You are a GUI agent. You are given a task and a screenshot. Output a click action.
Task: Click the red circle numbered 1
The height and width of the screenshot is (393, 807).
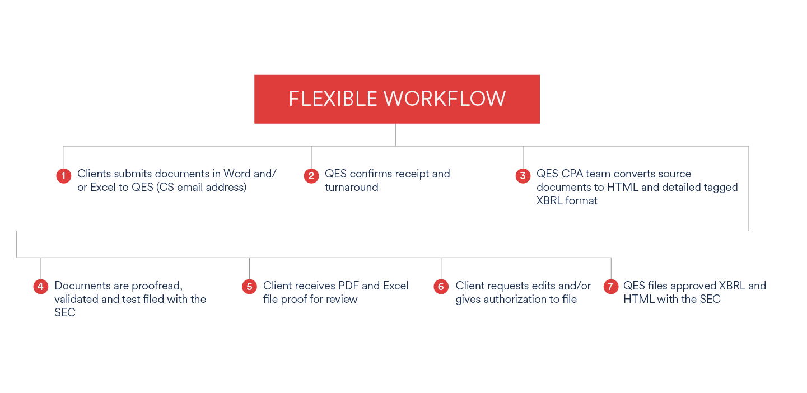[63, 176]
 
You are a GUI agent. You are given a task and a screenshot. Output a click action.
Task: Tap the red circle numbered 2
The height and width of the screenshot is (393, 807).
[311, 176]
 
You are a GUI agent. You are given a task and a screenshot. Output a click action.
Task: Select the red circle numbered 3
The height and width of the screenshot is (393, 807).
[523, 176]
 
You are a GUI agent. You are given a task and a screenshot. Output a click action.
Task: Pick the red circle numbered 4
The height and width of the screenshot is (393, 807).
[41, 287]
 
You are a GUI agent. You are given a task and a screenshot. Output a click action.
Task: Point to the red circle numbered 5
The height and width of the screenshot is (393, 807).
[249, 287]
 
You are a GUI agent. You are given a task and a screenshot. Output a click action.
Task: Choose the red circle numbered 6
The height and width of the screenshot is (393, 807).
[441, 287]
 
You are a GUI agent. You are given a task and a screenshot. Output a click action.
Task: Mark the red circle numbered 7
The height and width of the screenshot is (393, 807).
[611, 287]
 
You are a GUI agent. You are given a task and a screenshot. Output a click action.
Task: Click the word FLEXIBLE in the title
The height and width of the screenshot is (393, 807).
[333, 99]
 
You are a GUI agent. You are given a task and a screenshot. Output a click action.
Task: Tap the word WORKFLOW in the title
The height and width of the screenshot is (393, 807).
[445, 99]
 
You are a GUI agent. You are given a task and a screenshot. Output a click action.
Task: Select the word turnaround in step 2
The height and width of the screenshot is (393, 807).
[352, 188]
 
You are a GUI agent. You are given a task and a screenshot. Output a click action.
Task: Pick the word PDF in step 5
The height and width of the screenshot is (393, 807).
[347, 286]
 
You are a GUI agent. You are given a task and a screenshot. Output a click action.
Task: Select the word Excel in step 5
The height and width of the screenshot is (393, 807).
[395, 286]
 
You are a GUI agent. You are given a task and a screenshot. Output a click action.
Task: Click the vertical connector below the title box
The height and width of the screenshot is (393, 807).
[395, 134]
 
